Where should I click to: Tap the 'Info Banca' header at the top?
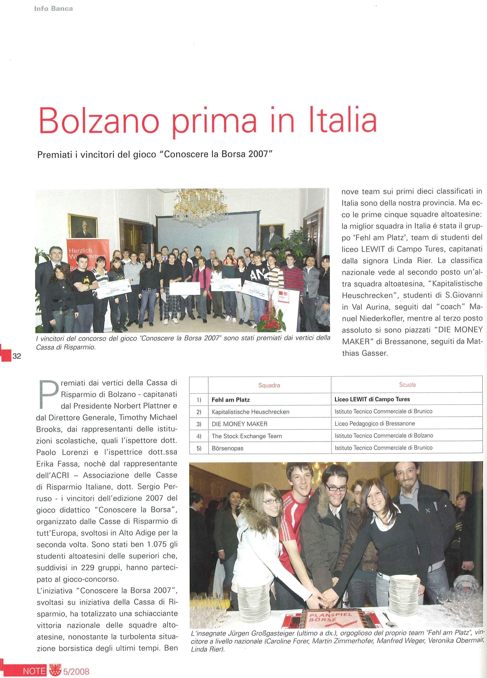pos(53,9)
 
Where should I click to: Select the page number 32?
pos(17,356)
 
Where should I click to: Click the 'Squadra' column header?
pos(269,385)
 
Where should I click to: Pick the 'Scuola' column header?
pos(407,385)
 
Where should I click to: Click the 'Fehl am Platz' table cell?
pos(230,400)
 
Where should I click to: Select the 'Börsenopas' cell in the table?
pos(228,448)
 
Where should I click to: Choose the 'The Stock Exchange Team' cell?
pos(247,436)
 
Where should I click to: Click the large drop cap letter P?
pos(48,394)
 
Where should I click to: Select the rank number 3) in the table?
pos(199,424)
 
